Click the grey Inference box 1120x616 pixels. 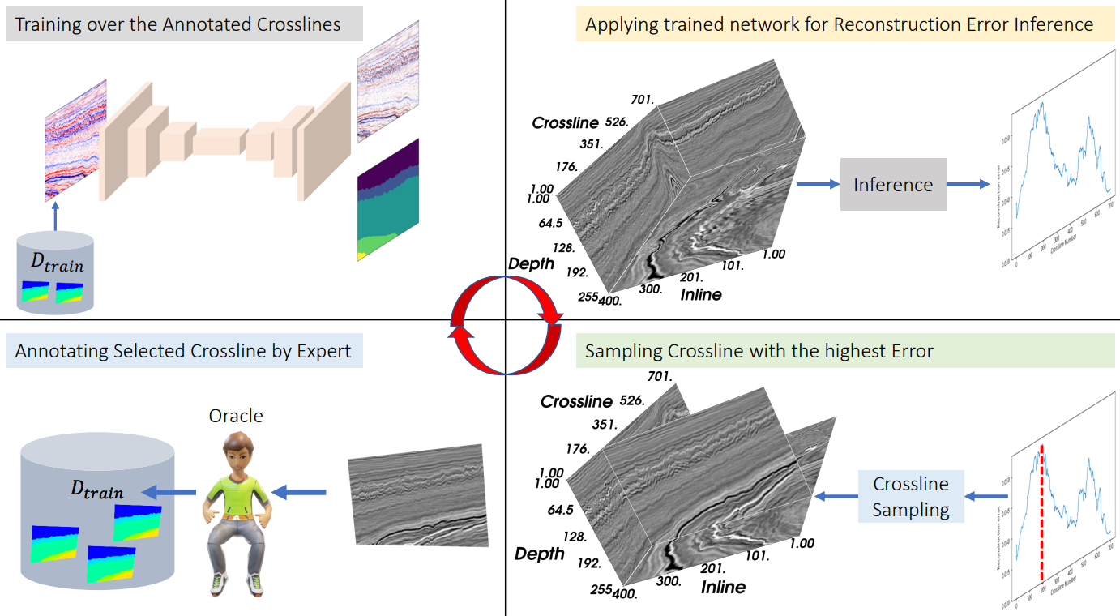pyautogui.click(x=893, y=185)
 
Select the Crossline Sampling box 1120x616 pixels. pyautogui.click(x=910, y=497)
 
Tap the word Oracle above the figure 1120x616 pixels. pyautogui.click(x=236, y=416)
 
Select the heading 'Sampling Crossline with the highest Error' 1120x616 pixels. pyautogui.click(x=759, y=351)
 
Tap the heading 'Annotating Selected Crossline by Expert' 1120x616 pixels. pyautogui.click(x=183, y=351)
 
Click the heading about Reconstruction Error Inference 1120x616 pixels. pyautogui.click(x=839, y=24)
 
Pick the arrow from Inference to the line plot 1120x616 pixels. pyautogui.click(x=968, y=185)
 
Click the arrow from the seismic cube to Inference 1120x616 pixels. pyautogui.click(x=818, y=185)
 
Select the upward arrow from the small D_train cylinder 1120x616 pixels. pyautogui.click(x=55, y=216)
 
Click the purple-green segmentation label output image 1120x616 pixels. pyautogui.click(x=388, y=199)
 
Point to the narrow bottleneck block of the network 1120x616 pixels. pyautogui.click(x=218, y=141)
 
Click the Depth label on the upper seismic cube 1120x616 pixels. pyautogui.click(x=531, y=263)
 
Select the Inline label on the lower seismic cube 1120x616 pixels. pyautogui.click(x=723, y=586)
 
